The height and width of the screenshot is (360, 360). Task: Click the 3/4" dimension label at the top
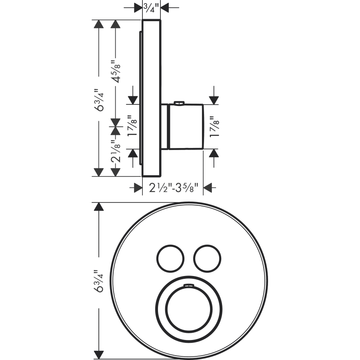click(x=151, y=7)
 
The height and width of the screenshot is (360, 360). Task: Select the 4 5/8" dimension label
click(x=116, y=72)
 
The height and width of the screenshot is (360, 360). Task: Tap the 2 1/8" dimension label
click(x=116, y=151)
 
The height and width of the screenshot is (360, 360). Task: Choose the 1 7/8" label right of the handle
click(x=214, y=126)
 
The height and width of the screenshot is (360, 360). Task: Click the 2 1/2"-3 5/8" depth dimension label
click(x=173, y=188)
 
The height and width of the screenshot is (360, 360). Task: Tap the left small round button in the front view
click(x=170, y=258)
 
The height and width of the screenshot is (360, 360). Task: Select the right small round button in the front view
click(x=207, y=258)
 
